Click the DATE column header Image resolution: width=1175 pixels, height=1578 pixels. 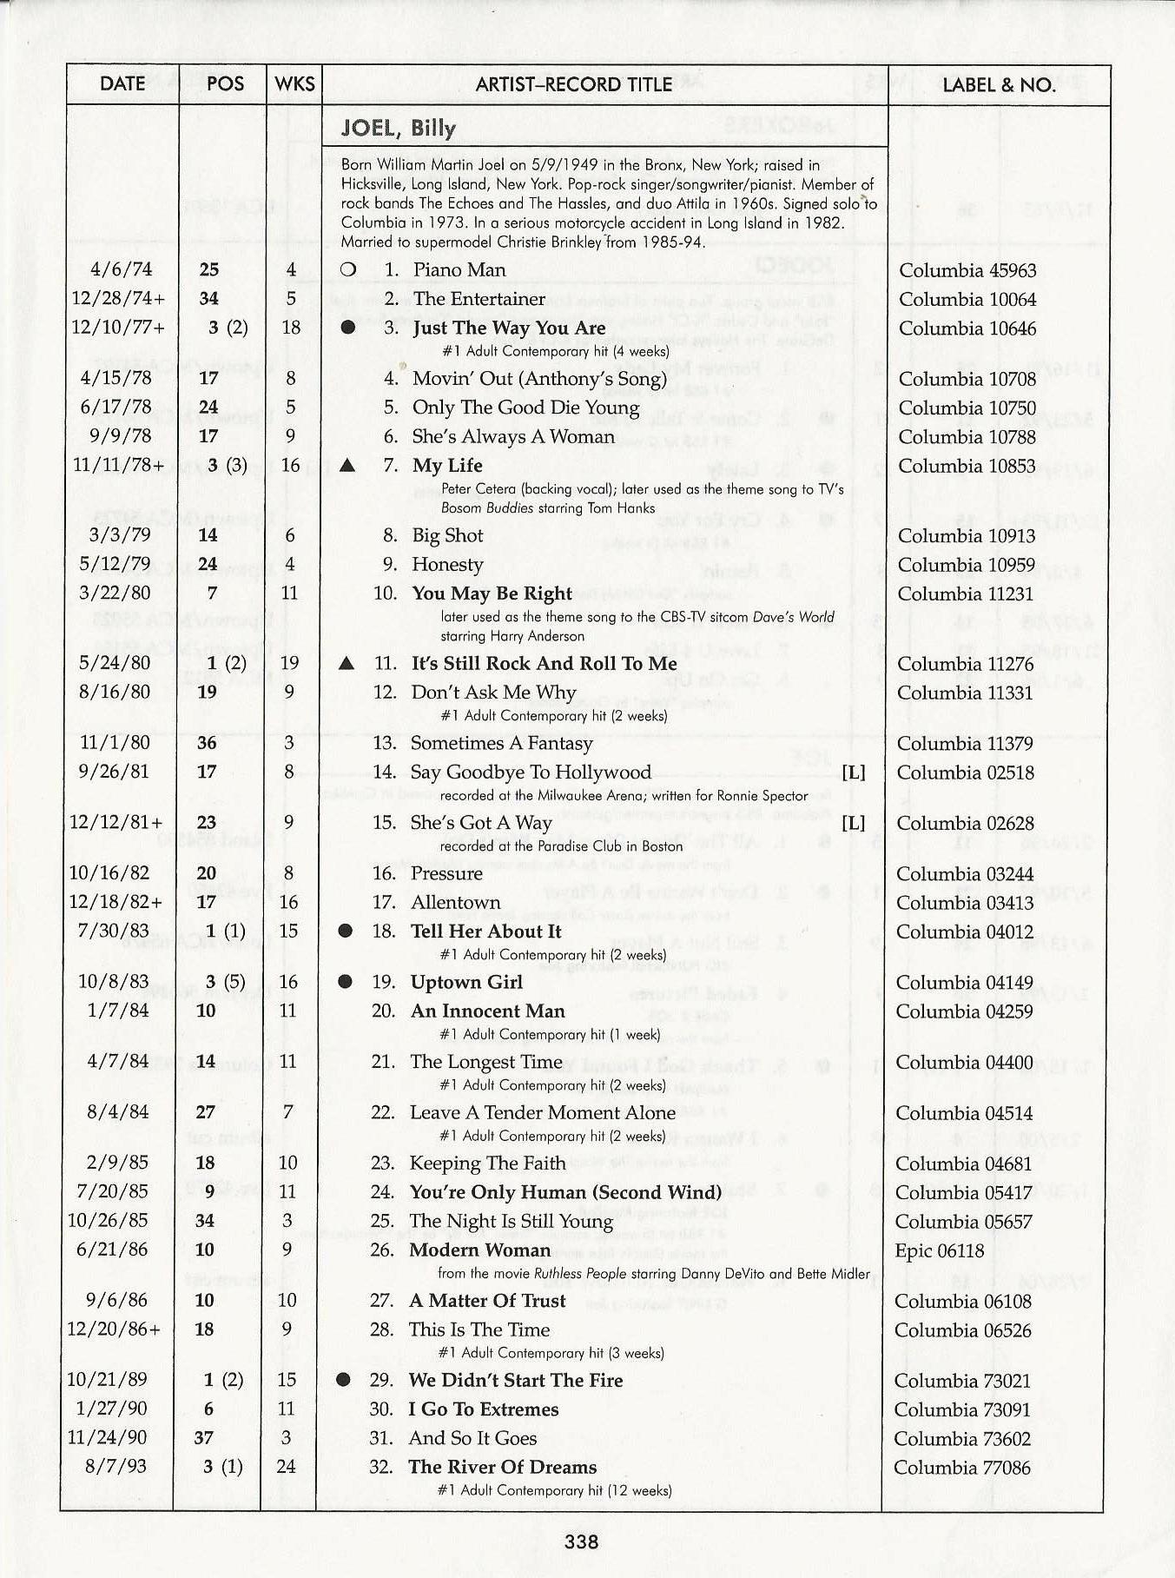122,84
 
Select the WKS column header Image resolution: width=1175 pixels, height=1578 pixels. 294,84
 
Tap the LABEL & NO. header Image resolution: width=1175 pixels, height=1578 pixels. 999,85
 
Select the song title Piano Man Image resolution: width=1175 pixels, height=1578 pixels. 459,270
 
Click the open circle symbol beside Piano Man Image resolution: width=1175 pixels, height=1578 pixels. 348,270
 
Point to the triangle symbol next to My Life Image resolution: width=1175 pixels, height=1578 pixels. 347,466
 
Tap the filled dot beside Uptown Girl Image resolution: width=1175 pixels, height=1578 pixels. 345,982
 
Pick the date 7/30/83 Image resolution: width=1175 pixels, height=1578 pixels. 113,931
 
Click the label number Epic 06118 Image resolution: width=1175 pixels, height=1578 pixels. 939,1250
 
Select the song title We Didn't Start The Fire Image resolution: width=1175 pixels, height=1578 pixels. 515,1380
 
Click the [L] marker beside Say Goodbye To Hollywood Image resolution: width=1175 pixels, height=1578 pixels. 854,772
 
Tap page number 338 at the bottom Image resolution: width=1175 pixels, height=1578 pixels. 581,1542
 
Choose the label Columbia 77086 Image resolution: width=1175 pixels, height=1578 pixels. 961,1468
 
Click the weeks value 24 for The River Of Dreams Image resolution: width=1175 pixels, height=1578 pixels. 286,1467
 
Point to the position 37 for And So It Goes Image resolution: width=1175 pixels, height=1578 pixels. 204,1438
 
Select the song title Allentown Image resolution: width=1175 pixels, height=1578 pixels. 455,903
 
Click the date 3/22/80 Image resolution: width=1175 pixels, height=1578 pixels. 115,593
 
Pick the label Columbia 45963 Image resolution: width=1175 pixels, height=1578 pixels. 967,271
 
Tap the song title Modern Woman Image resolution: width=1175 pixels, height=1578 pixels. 479,1250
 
